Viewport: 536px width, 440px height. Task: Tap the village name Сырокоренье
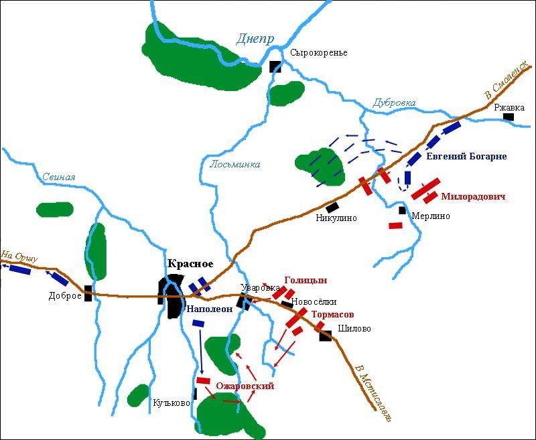click(319, 53)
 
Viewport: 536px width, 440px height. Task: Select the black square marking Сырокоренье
click(275, 66)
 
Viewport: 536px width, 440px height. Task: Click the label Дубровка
click(394, 102)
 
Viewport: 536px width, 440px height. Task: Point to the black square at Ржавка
click(509, 117)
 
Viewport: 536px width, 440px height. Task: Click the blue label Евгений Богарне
click(466, 157)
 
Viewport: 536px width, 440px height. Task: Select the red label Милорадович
click(472, 197)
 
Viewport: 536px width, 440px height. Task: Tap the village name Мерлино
click(430, 216)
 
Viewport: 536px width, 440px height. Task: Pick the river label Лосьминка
click(235, 164)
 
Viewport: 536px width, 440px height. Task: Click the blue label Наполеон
click(208, 309)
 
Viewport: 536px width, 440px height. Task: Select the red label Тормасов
click(332, 314)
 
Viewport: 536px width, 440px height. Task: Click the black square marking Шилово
click(326, 336)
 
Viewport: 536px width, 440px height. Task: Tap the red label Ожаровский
click(245, 386)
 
